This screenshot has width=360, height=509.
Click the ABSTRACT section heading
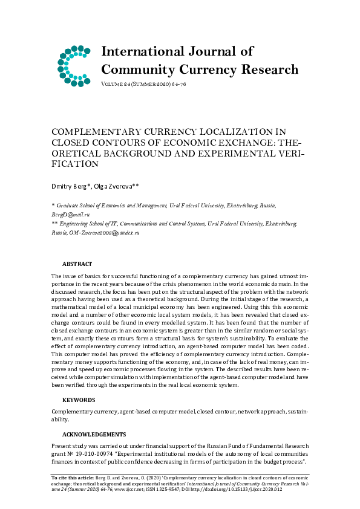tap(77, 264)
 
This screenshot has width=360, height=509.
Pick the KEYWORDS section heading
tap(79, 400)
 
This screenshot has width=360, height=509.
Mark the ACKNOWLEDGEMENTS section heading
tap(94, 434)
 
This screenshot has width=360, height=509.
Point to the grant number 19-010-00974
tap(100, 453)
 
